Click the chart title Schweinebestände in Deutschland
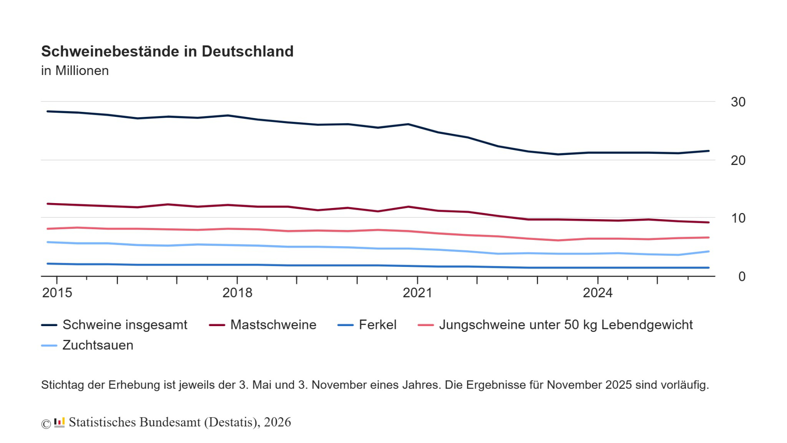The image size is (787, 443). pyautogui.click(x=167, y=51)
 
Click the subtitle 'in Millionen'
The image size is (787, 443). pyautogui.click(x=75, y=71)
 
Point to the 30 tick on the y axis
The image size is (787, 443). pyautogui.click(x=738, y=102)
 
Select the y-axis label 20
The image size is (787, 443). pyautogui.click(x=738, y=160)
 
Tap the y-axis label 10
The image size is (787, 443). pyautogui.click(x=738, y=218)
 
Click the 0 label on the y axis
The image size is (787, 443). pyautogui.click(x=741, y=276)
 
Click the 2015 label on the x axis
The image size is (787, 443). pyautogui.click(x=57, y=293)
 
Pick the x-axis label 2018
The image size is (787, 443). pyautogui.click(x=237, y=293)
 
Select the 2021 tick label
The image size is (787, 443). pyautogui.click(x=417, y=293)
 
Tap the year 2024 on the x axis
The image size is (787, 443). pyautogui.click(x=597, y=293)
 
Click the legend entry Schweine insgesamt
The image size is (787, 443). pyautogui.click(x=124, y=325)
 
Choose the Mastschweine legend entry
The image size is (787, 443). pyautogui.click(x=273, y=325)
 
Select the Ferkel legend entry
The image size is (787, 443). pyautogui.click(x=377, y=325)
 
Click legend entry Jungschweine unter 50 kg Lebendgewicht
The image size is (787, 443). pyautogui.click(x=565, y=325)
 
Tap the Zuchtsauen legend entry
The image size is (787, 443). pyautogui.click(x=98, y=345)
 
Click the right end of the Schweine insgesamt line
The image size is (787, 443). pyautogui.click(x=708, y=151)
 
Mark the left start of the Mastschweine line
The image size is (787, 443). pyautogui.click(x=48, y=204)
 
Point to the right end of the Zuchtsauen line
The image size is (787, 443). pyautogui.click(x=708, y=252)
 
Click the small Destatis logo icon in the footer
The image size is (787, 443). pyautogui.click(x=59, y=423)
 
